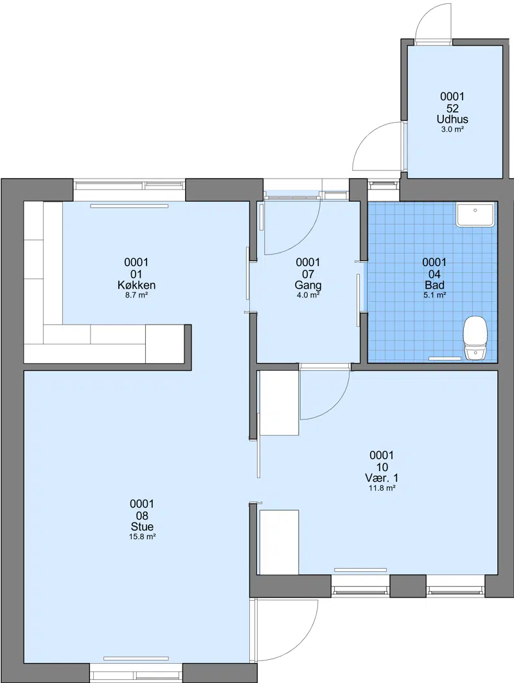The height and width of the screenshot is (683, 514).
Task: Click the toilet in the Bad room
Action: point(475,338)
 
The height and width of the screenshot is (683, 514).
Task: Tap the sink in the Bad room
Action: point(475,215)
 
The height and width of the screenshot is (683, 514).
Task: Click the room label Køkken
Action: point(136,285)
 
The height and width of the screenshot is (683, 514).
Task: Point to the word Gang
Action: point(308,286)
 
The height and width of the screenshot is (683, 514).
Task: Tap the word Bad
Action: point(434,285)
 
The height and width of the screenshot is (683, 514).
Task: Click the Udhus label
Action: point(452,120)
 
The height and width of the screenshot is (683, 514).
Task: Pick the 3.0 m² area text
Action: point(452,129)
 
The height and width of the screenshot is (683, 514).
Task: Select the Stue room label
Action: point(142,527)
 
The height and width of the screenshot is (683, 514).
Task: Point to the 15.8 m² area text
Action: point(142,537)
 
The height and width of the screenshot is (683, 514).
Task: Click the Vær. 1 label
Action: point(382,478)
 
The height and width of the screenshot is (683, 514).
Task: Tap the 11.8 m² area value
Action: point(382,488)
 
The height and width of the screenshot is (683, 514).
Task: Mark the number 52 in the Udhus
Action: point(452,109)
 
